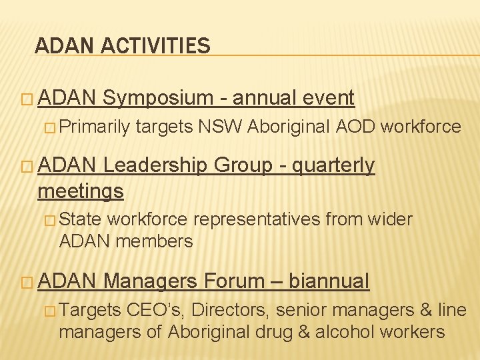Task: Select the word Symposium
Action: [x=157, y=98]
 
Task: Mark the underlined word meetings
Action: [x=81, y=191]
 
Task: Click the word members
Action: [x=155, y=241]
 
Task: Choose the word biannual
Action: [x=329, y=281]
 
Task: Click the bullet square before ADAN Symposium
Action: [x=27, y=99]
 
